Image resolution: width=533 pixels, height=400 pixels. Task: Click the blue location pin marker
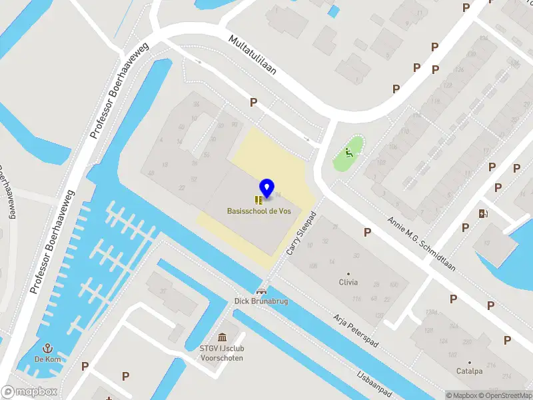point(266,189)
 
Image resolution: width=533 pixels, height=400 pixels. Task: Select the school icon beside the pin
point(259,199)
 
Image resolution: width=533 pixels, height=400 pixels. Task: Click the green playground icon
point(348,153)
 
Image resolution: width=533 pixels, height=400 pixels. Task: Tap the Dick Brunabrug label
point(261,301)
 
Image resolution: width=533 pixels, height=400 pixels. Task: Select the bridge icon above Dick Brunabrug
point(261,291)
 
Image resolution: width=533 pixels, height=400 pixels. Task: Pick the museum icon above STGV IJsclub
point(222,338)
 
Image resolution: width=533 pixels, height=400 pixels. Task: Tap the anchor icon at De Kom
point(47,348)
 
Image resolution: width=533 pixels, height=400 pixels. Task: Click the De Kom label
point(47,359)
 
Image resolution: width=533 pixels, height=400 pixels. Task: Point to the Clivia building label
point(348,283)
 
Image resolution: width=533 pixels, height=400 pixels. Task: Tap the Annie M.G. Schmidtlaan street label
point(422,243)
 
